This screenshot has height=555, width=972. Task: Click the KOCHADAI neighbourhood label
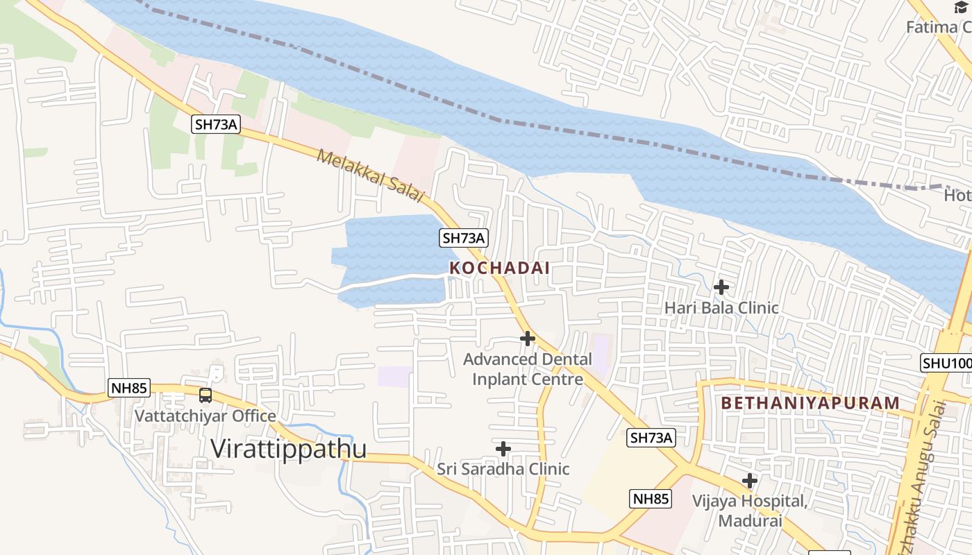pos(499,268)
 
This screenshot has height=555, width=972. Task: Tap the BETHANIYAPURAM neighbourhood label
pos(810,403)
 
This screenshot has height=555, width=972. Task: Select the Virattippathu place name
pos(288,449)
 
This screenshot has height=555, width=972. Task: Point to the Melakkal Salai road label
pos(369,176)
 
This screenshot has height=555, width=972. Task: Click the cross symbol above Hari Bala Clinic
pos(721,287)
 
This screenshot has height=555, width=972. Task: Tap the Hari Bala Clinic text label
pos(721,307)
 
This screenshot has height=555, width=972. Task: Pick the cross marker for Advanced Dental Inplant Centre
pos(528,339)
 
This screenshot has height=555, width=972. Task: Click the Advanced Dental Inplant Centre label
pos(528,369)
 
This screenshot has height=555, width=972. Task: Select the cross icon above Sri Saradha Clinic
pos(503,449)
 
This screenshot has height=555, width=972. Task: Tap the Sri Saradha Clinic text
pos(503,469)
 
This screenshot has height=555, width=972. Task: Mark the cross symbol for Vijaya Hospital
pos(750,480)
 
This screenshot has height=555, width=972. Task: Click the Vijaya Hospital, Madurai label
pos(750,511)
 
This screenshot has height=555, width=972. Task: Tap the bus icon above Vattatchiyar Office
pos(206,395)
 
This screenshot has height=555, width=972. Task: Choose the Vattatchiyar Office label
pos(206,416)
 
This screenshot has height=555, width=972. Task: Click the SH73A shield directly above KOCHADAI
pos(464,238)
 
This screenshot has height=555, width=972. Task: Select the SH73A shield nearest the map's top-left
pos(216,124)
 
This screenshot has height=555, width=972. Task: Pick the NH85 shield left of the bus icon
pos(129,388)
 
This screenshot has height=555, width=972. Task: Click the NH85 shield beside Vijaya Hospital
pos(651,498)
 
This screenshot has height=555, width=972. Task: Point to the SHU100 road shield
pos(946,363)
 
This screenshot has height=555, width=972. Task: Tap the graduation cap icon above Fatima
pos(961,7)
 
